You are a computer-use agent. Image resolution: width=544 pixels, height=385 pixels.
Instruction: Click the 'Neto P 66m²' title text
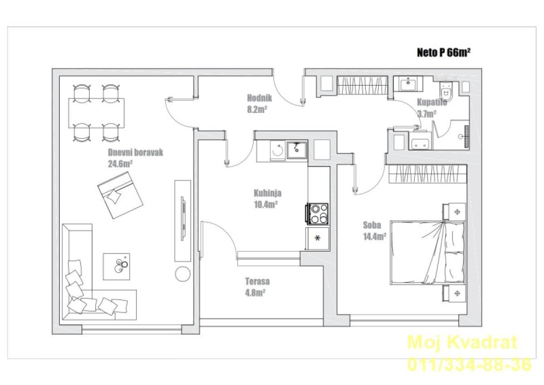444,53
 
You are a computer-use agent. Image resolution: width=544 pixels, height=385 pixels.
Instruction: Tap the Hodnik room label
259,98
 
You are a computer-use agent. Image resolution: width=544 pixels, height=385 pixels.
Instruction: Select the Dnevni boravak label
136,152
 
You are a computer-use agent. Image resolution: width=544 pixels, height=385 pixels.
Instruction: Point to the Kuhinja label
267,193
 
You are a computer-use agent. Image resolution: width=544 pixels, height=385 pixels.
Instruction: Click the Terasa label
257,281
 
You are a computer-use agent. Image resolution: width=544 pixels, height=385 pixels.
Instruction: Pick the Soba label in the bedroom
372,225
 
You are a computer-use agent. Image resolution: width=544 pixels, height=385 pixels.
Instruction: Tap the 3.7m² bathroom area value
427,114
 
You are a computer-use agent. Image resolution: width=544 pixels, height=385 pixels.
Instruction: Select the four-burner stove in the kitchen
317,214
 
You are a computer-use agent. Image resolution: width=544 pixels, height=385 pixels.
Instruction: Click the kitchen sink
297,151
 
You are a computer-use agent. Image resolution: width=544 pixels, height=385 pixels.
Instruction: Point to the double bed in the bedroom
427,253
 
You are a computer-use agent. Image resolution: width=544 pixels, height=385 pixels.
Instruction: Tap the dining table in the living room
97,113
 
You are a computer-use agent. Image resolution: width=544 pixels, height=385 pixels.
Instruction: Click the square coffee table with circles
117,267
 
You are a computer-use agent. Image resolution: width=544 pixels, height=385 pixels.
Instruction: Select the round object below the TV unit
183,274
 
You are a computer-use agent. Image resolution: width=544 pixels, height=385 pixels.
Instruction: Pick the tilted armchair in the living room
120,195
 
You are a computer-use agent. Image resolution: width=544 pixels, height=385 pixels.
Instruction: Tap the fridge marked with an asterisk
317,238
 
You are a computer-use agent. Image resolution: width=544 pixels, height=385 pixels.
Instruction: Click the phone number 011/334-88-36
469,364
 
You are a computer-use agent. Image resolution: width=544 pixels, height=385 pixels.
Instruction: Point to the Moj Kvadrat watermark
462,342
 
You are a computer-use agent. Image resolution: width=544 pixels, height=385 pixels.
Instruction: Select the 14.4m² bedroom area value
375,236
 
